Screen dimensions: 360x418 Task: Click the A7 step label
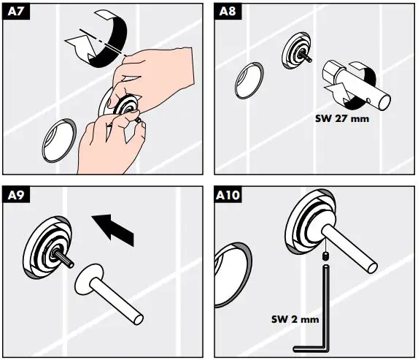coord(15,11)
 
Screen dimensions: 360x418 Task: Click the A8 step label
coord(228,11)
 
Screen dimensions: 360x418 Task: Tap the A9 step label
coord(15,195)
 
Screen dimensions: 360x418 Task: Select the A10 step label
coord(231,195)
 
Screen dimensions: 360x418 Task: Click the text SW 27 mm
coord(343,118)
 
